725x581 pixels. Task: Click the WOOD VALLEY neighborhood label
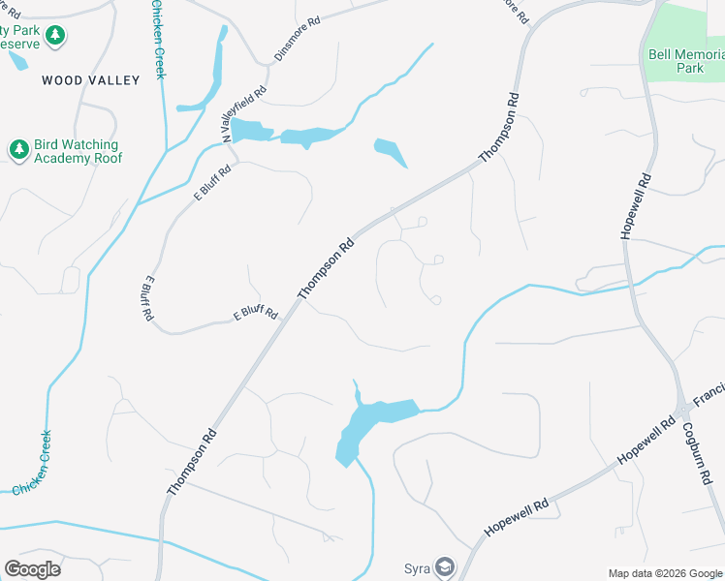[91, 80]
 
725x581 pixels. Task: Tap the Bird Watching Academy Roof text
[78, 151]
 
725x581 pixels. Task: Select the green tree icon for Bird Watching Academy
[18, 148]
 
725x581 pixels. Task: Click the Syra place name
[417, 566]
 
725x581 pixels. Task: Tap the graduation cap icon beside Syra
[444, 566]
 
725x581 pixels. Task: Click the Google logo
[32, 569]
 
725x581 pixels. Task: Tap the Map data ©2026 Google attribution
[666, 573]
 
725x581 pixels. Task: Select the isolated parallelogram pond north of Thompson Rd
[390, 151]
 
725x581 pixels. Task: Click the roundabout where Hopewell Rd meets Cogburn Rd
[683, 411]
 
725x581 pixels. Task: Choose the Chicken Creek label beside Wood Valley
[158, 41]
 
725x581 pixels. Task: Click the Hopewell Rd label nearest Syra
[517, 518]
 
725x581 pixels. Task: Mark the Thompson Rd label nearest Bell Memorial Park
[501, 127]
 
